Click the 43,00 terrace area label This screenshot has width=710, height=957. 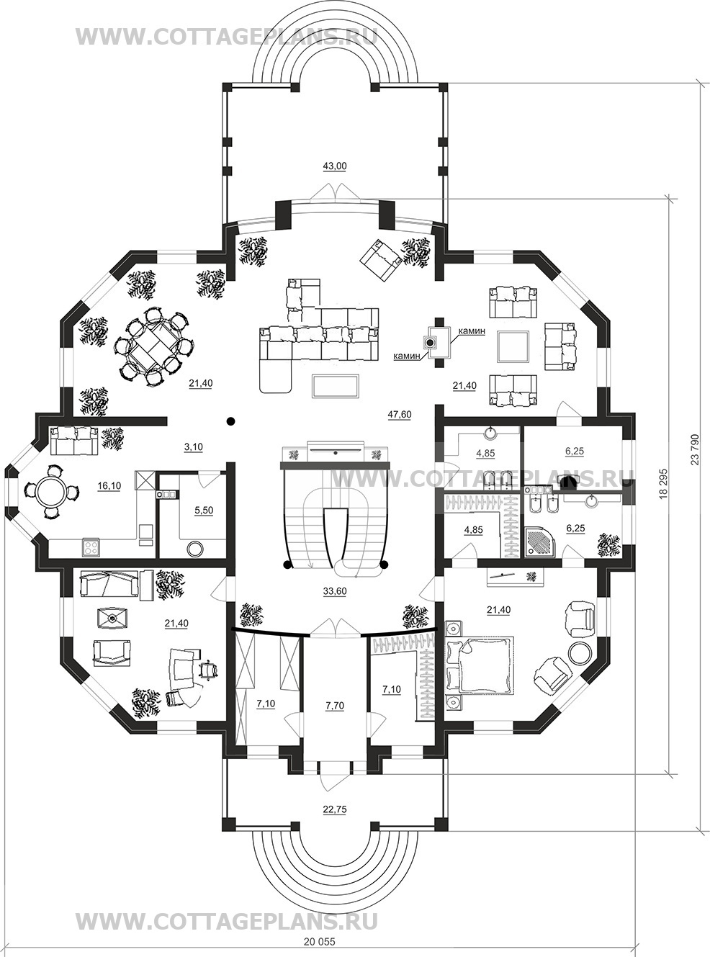[x=335, y=166]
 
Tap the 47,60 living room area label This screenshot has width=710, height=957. [x=399, y=415]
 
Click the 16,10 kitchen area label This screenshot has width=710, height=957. [x=109, y=486]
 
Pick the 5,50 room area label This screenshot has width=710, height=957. [x=205, y=511]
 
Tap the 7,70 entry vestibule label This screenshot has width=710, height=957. [x=335, y=705]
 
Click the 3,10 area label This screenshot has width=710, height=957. [x=194, y=447]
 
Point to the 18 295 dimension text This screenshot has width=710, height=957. [x=664, y=483]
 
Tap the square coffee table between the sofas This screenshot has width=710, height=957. [x=513, y=347]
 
